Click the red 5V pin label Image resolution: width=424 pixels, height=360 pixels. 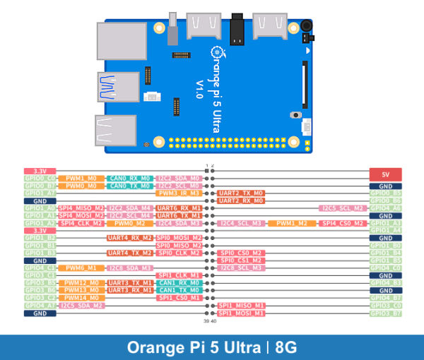click(x=386, y=174)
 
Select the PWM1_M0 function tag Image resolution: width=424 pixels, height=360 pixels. click(x=81, y=179)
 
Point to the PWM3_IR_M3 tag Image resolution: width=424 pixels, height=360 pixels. click(x=179, y=193)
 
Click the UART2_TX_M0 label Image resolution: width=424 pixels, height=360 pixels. click(x=242, y=193)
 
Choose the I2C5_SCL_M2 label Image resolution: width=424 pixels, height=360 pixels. click(x=343, y=208)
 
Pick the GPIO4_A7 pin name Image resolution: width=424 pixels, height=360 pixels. click(x=40, y=305)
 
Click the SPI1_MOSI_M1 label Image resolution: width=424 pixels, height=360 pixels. click(x=242, y=313)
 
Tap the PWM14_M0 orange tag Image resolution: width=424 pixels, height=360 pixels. click(x=81, y=298)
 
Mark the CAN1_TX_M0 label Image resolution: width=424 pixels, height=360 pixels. click(x=179, y=290)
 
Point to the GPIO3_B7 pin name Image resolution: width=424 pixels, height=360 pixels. click(x=386, y=313)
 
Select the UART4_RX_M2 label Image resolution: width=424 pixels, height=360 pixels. click(x=130, y=238)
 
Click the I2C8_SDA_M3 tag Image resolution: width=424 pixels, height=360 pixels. click(x=130, y=268)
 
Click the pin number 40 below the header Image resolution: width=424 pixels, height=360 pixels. click(x=213, y=321)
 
